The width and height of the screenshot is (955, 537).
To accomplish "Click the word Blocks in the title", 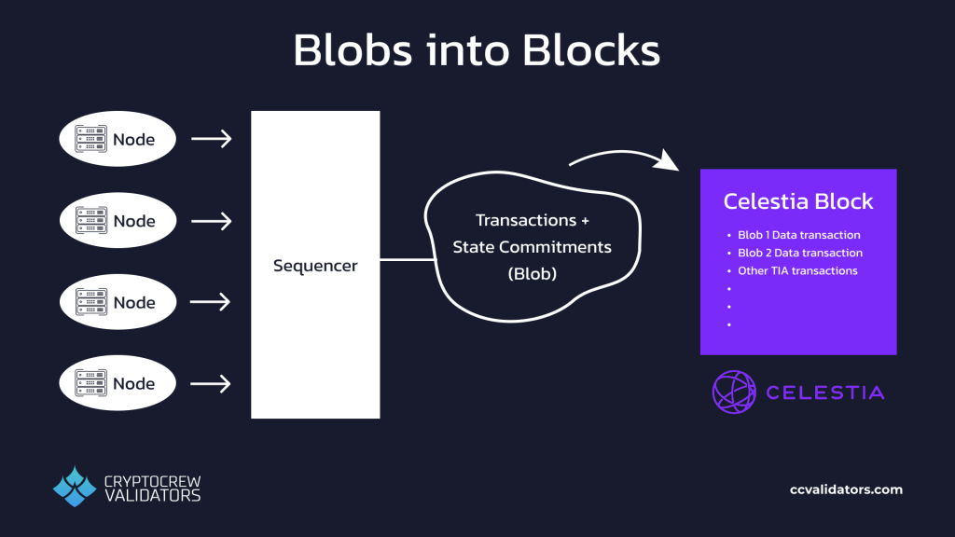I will pos(591,51).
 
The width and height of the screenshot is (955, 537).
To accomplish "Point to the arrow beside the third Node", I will pos(211,302).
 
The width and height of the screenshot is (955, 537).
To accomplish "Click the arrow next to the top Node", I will pos(211,140).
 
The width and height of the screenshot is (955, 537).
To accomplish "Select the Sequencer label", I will pos(315,266).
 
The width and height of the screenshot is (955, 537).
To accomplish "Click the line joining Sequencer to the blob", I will pos(402,260).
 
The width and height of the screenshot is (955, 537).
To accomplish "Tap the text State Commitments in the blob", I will pos(532,247).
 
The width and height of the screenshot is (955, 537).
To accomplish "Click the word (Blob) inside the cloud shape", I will pos(532,273).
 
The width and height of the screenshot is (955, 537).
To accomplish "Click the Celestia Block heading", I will pos(798,201).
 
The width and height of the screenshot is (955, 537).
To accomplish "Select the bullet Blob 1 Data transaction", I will pos(798,235).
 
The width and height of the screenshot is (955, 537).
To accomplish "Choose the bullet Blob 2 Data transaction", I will pos(799,253).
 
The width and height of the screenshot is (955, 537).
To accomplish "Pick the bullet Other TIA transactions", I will pos(796,270).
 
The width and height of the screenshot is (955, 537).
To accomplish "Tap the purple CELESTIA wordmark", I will pos(825,392).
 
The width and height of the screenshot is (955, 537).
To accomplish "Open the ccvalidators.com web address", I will pos(846,489).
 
